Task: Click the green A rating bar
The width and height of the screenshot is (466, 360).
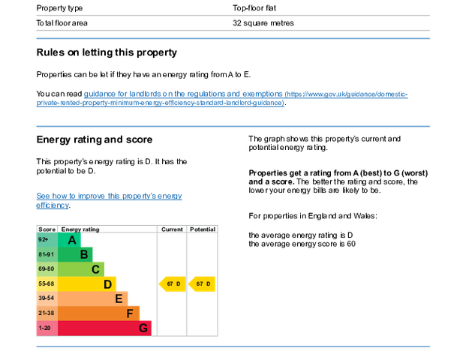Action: pyautogui.click(x=69, y=240)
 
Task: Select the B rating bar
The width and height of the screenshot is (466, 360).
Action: pyautogui.click(x=75, y=254)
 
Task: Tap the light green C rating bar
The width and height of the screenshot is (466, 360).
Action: pyautogui.click(x=81, y=269)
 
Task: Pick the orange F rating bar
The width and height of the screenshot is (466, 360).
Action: pyautogui.click(x=98, y=313)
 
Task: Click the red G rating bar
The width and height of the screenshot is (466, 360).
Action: pyautogui.click(x=104, y=328)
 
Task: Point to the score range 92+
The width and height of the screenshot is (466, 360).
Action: pyautogui.click(x=44, y=239)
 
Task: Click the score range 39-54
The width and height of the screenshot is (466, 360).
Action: pyautogui.click(x=46, y=298)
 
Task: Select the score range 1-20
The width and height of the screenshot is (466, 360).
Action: pyautogui.click(x=44, y=328)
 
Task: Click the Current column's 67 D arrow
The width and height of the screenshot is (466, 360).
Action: pyautogui.click(x=173, y=284)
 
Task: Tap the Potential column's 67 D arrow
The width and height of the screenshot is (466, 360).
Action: pyautogui.click(x=202, y=284)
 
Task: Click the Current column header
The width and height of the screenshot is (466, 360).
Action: pyautogui.click(x=172, y=229)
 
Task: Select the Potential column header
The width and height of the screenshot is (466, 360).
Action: pyautogui.click(x=203, y=229)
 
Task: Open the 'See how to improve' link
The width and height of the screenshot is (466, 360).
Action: pyautogui.click(x=109, y=200)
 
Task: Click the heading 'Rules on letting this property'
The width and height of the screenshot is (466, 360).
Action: pyautogui.click(x=107, y=52)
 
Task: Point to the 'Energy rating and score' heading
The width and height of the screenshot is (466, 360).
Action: pyautogui.click(x=95, y=139)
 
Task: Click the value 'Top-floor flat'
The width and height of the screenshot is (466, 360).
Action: pyautogui.click(x=254, y=8)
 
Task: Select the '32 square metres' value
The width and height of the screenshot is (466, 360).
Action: pyautogui.click(x=263, y=22)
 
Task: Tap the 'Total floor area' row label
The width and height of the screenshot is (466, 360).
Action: pyautogui.click(x=62, y=22)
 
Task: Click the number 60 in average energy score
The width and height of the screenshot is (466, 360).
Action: pyautogui.click(x=351, y=244)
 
